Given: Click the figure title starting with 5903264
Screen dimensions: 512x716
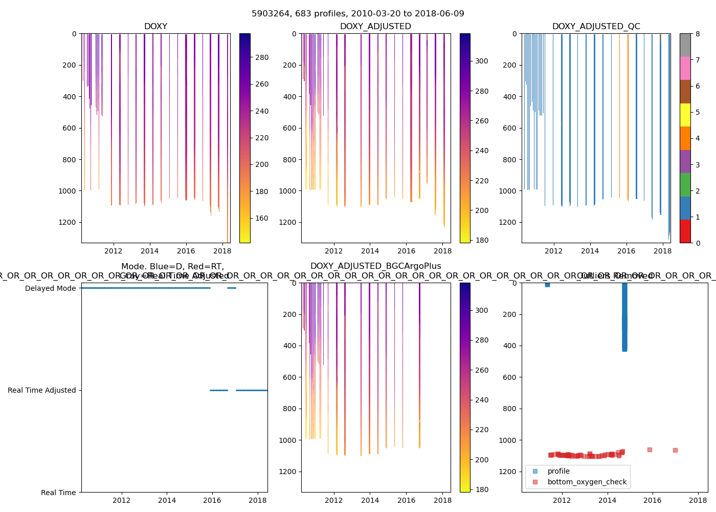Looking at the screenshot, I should point(358,14).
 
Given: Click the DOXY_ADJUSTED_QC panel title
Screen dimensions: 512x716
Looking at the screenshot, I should point(596,27).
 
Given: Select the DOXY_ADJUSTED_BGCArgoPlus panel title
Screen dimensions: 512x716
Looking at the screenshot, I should point(375,266).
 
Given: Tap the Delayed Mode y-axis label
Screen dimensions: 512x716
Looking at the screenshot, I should point(50,288).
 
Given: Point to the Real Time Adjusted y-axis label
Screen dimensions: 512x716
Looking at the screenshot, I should point(42,390).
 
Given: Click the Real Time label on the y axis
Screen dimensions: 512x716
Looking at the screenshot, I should point(58,493).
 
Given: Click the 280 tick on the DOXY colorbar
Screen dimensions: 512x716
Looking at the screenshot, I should point(262,57).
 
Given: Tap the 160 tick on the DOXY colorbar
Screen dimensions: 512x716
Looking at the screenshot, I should point(262,218).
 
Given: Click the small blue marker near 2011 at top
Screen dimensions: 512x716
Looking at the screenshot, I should point(547,285).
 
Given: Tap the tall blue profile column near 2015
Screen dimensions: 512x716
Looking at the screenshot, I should point(624,317).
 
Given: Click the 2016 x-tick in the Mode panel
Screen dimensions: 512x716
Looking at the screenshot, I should point(212,500).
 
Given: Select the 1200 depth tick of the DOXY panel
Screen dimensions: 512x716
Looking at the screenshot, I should point(68,222).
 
